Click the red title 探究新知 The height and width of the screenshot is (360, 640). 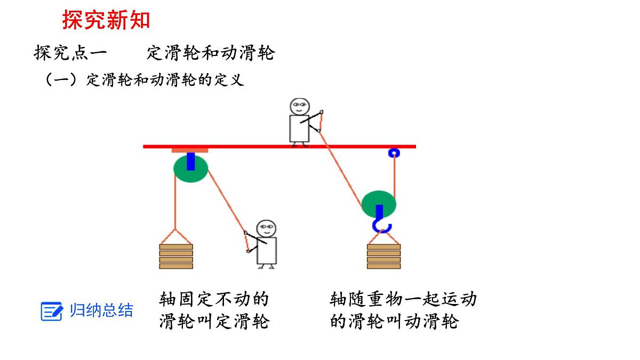coord(106,20)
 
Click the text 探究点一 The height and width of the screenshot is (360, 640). coord(70,53)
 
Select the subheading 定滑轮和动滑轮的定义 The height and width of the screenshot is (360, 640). coord(165,80)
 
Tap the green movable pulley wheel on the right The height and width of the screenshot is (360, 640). coord(379,204)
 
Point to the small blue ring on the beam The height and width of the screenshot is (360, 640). coord(394,153)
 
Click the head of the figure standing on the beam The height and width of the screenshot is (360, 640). coord(299,107)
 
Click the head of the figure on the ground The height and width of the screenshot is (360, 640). coord(266,229)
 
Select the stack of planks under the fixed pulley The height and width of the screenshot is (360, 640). coord(176,257)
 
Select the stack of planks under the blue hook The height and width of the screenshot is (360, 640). coord(383,257)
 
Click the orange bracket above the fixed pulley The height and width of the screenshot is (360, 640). coord(190,150)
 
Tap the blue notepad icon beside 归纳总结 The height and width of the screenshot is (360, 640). coord(52,311)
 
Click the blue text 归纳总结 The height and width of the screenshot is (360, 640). coord(101,310)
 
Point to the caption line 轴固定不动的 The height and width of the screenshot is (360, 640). coord(214,299)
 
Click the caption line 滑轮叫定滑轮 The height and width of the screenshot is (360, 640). coord(214,322)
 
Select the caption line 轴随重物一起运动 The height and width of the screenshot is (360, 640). coord(403,299)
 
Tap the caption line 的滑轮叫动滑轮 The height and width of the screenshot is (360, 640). coord(394,322)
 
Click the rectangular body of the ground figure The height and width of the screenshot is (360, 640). coord(267,251)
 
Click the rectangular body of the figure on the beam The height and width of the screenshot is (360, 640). coord(299,129)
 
